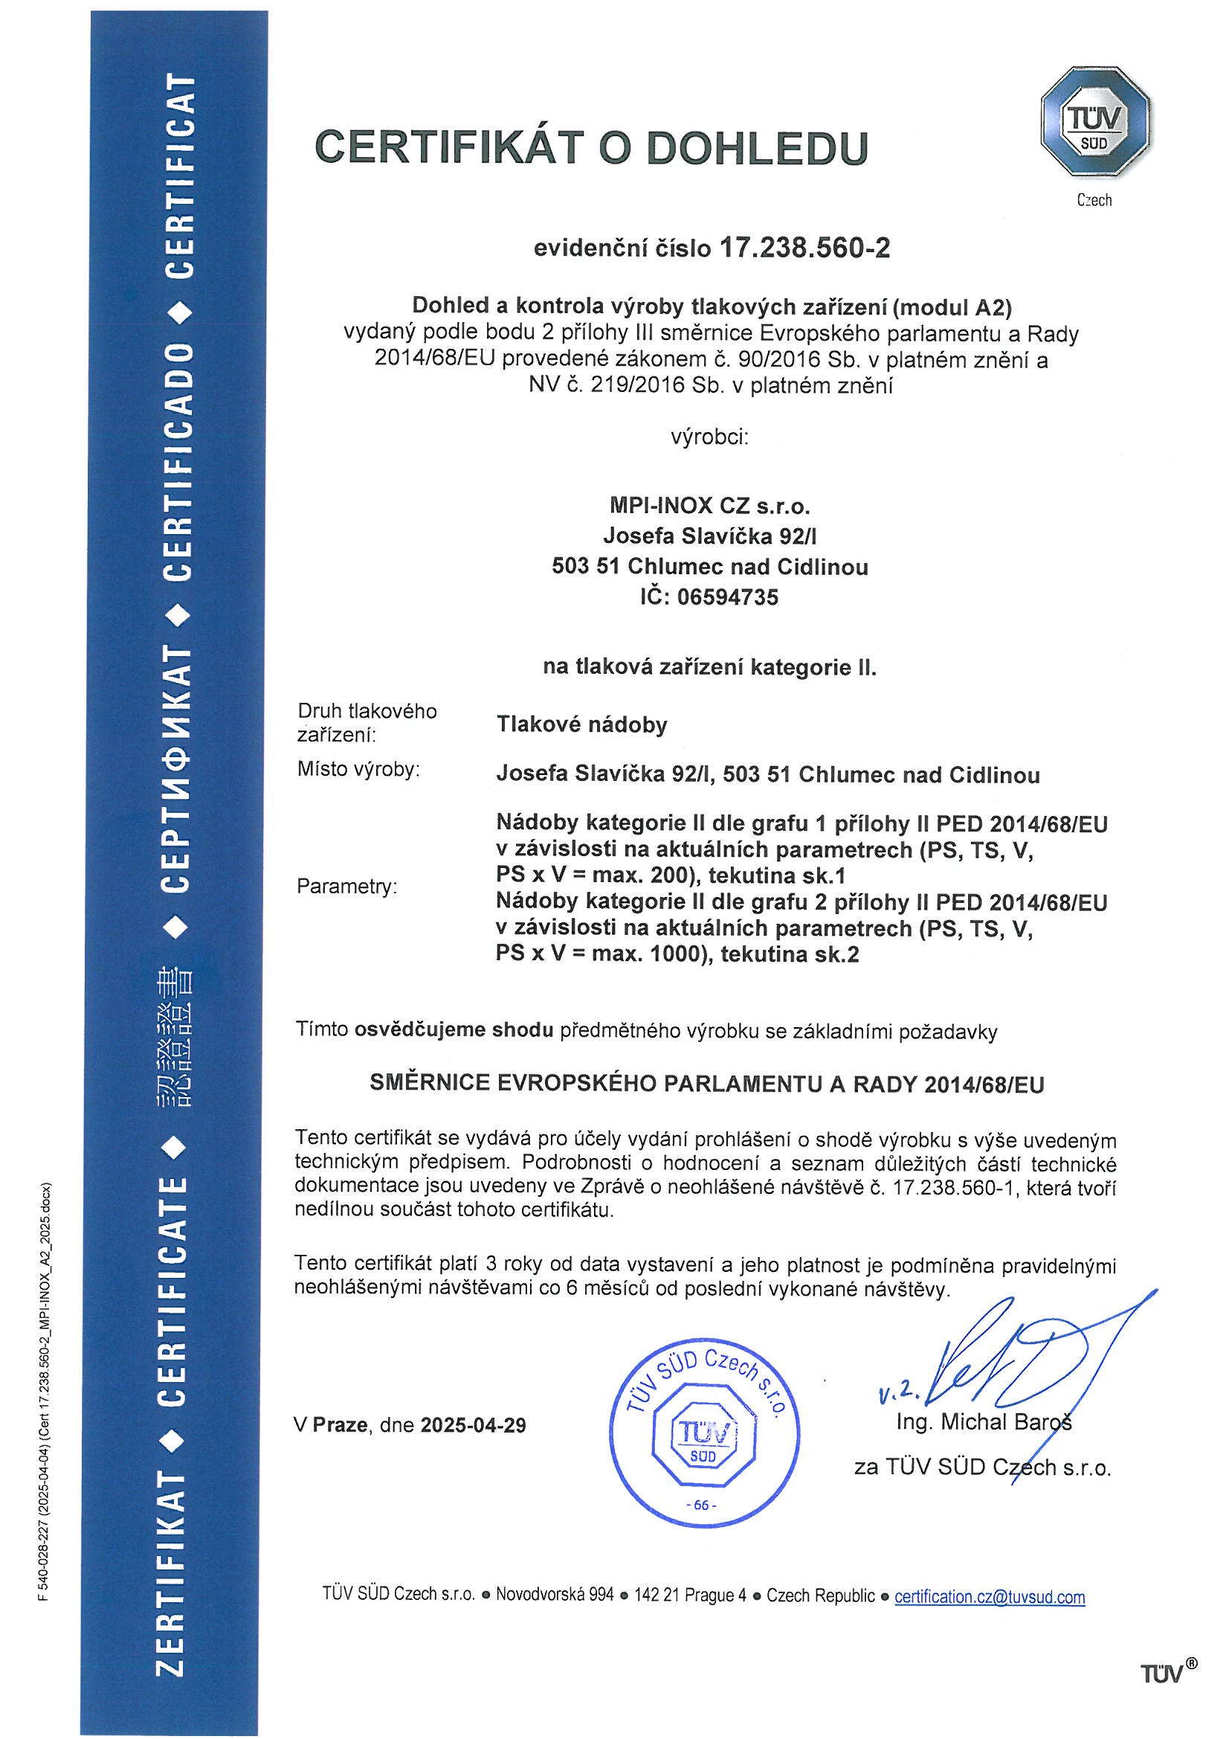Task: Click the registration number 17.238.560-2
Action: pos(802,248)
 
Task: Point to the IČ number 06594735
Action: pos(728,597)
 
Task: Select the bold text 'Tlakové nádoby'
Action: pos(581,725)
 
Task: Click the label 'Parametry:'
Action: pos(346,886)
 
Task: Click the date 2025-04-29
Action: pos(474,1425)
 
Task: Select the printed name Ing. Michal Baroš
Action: pos(984,1421)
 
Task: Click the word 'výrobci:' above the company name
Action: pos(709,437)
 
